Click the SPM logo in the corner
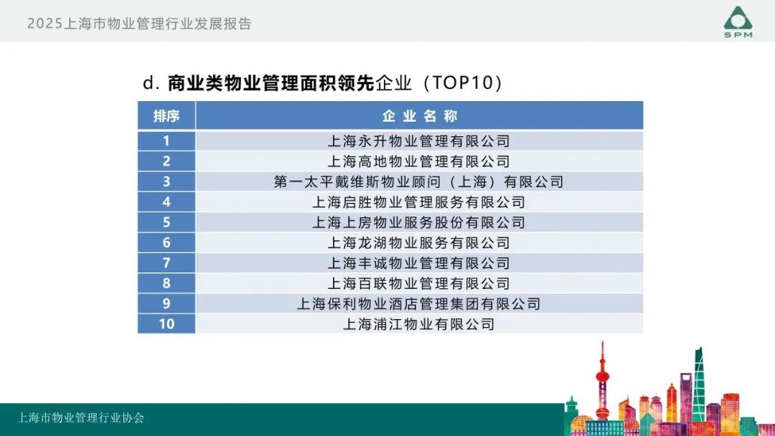click(738, 22)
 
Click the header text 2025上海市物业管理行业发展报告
click(139, 24)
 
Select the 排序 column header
click(166, 116)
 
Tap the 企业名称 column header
click(419, 116)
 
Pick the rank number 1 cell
click(166, 141)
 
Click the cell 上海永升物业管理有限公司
click(419, 141)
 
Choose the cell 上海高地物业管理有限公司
click(419, 161)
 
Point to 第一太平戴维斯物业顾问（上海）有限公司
click(419, 181)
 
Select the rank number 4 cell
click(166, 202)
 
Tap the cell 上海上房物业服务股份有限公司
click(419, 222)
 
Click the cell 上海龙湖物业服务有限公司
click(419, 242)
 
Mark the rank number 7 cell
click(166, 262)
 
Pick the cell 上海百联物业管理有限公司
click(419, 283)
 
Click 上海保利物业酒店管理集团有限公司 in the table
click(419, 303)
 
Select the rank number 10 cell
click(166, 324)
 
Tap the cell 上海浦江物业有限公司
click(419, 324)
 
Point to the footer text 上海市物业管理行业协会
click(80, 418)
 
